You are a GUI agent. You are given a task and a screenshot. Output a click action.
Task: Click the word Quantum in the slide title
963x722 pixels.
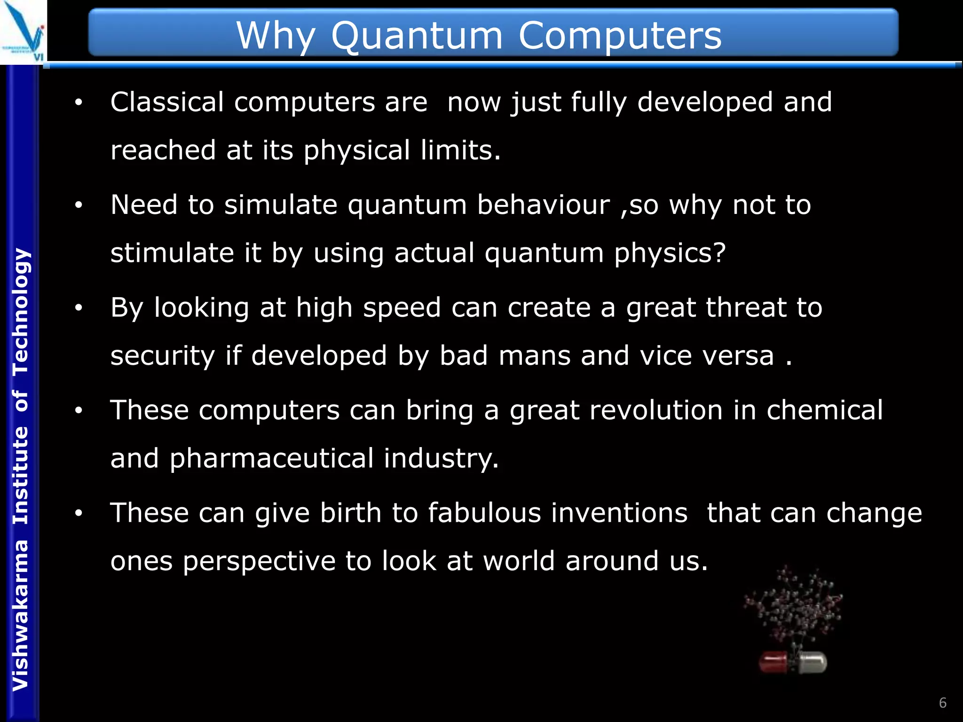417,37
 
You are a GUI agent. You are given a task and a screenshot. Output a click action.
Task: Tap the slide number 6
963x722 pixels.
942,703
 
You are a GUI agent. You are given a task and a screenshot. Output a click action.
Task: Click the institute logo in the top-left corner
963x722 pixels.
24,32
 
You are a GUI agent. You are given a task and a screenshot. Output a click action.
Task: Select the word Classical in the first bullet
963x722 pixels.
167,102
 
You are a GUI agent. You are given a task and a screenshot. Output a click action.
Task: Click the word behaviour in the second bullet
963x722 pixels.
543,205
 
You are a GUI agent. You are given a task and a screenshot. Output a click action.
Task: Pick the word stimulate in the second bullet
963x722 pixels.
172,253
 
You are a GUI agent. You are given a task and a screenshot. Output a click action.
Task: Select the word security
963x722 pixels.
162,356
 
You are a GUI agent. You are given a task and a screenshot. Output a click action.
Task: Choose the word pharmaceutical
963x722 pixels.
271,458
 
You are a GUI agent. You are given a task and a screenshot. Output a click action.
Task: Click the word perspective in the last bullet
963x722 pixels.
259,561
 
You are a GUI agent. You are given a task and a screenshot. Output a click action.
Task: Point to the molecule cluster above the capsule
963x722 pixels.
794,606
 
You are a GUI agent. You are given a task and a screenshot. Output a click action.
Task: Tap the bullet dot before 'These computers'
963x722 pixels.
79,410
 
